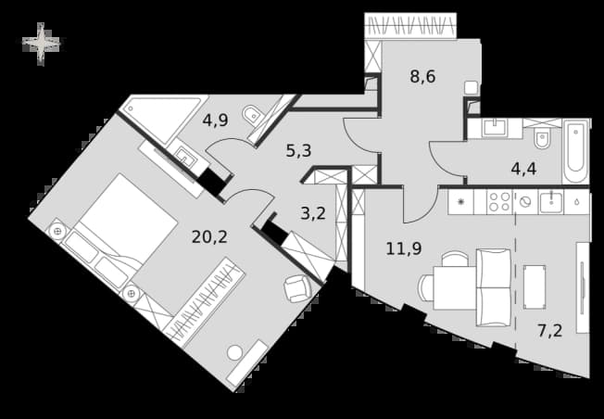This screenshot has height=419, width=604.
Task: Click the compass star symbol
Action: point(41,44)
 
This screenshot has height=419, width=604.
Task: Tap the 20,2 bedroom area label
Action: point(209,237)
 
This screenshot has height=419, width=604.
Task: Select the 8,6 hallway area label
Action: point(422,76)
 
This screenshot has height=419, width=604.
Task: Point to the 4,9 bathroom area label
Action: point(215,121)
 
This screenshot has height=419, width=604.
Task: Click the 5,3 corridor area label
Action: point(298,151)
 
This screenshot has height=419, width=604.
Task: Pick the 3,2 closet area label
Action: point(313,213)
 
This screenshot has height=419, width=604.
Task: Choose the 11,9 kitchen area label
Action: point(404,248)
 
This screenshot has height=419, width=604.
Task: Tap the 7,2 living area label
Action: point(550,331)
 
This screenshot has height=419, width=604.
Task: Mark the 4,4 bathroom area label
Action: point(524,169)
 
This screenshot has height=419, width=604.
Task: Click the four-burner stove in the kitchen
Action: point(499,201)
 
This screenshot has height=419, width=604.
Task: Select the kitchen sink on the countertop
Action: point(551,201)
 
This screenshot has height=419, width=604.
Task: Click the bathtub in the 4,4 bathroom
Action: point(575,151)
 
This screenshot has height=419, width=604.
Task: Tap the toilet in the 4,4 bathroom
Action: point(542,138)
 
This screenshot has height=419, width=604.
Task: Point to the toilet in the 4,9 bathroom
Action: point(252,114)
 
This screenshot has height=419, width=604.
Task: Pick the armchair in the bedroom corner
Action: point(297,288)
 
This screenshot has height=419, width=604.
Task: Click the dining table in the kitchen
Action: point(455,287)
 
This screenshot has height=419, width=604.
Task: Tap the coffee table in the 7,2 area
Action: point(535,286)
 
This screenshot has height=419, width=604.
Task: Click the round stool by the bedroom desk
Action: point(234,352)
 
